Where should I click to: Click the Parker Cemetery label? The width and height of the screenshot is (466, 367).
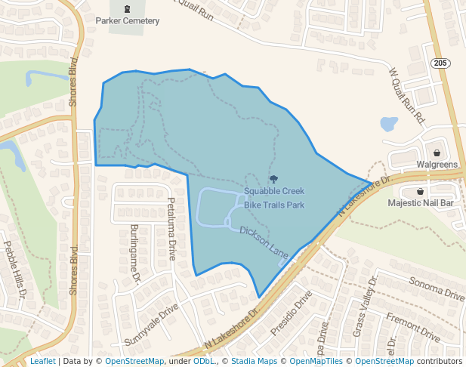pyautogui.click(x=126, y=21)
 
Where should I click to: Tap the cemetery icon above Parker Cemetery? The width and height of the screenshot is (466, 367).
pyautogui.click(x=126, y=9)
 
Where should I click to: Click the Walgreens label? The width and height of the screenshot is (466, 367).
pyautogui.click(x=437, y=165)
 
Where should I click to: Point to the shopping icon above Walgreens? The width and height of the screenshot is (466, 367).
pyautogui.click(x=437, y=152)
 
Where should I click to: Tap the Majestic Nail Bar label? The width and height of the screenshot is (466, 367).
pyautogui.click(x=420, y=203)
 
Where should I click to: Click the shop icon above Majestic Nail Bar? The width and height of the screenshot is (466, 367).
pyautogui.click(x=420, y=191)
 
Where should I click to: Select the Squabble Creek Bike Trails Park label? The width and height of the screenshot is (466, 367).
pyautogui.click(x=273, y=198)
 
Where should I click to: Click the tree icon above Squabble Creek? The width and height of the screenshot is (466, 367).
pyautogui.click(x=273, y=180)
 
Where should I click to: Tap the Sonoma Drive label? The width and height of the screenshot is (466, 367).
pyautogui.click(x=436, y=288)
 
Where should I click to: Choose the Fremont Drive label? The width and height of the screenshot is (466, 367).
pyautogui.click(x=412, y=326)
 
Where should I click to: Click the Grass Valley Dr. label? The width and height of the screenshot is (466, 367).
pyautogui.click(x=363, y=307)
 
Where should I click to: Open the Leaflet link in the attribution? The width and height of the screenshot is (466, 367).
pyautogui.click(x=42, y=362)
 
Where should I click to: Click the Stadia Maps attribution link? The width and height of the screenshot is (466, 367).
pyautogui.click(x=254, y=362)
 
